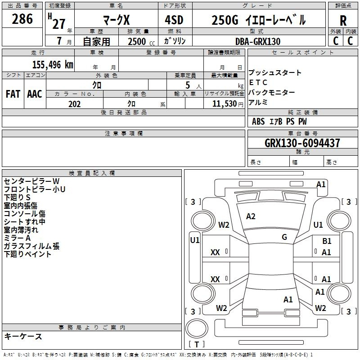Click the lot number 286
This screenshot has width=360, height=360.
click(22, 19)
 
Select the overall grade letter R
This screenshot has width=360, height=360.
click(343, 20)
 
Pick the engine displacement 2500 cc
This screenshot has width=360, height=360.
click(138, 41)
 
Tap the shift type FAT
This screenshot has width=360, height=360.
click(13, 94)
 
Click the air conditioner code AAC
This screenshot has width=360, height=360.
click(35, 94)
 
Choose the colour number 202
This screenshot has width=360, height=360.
click(74, 104)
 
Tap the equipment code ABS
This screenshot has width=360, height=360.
click(258, 121)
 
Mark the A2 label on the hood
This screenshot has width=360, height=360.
click(251, 216)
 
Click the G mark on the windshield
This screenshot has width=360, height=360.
click(284, 237)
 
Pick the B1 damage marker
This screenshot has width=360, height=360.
click(327, 242)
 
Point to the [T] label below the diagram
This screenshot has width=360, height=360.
click(197, 345)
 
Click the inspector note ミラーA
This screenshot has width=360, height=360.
click(17, 238)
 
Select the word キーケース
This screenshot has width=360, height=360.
click(23, 336)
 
